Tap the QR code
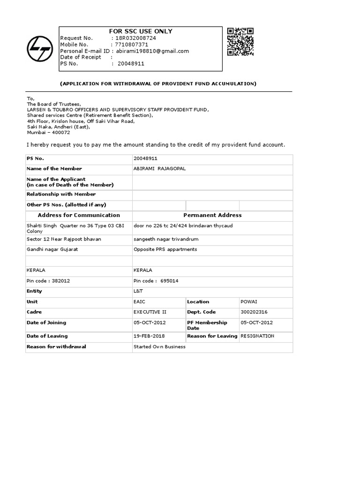pyautogui.click(x=240, y=41)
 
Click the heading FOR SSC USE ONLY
pyautogui.click(x=141, y=31)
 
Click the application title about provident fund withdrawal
pyautogui.click(x=158, y=83)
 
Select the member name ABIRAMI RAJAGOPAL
pyautogui.click(x=159, y=168)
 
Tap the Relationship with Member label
pyautogui.click(x=61, y=194)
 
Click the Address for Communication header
pyautogui.click(x=79, y=215)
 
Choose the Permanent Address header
pyautogui.click(x=212, y=215)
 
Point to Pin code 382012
pyautogui.click(x=48, y=280)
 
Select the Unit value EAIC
pyautogui.click(x=140, y=301)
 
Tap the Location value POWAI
pyautogui.click(x=249, y=301)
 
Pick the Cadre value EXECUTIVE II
pyautogui.click(x=150, y=312)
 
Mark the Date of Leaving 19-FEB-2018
pyautogui.click(x=149, y=336)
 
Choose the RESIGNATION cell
pyautogui.click(x=257, y=336)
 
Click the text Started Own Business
pyautogui.click(x=159, y=347)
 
